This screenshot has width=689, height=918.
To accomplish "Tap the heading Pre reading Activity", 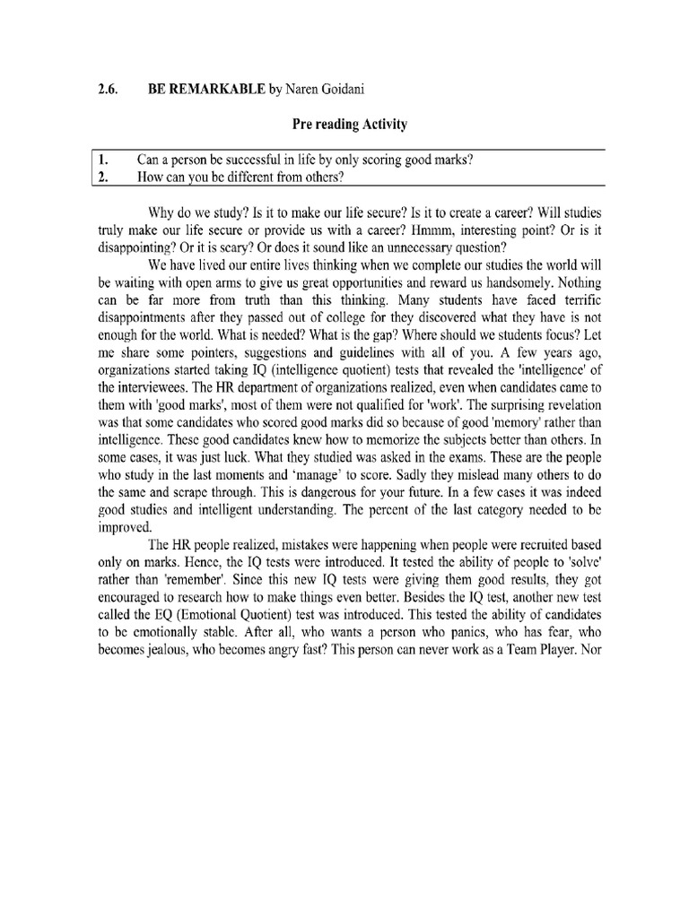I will point(344,126).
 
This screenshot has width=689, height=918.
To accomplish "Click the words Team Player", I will point(530,672).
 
